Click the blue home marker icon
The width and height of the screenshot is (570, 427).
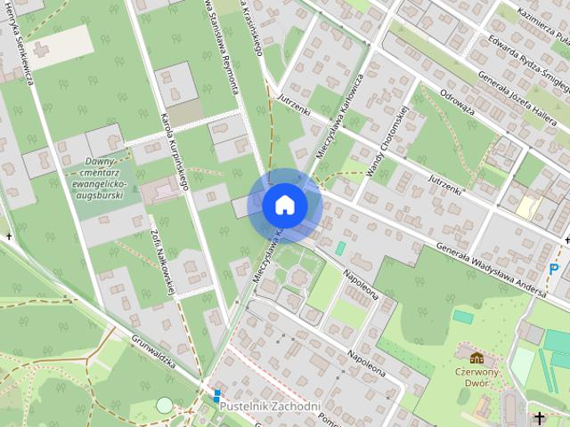pyautogui.click(x=285, y=205)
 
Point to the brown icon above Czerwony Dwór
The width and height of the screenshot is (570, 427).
pyautogui.click(x=476, y=358)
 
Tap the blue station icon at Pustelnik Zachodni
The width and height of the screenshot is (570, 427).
pyautogui.click(x=216, y=392)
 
